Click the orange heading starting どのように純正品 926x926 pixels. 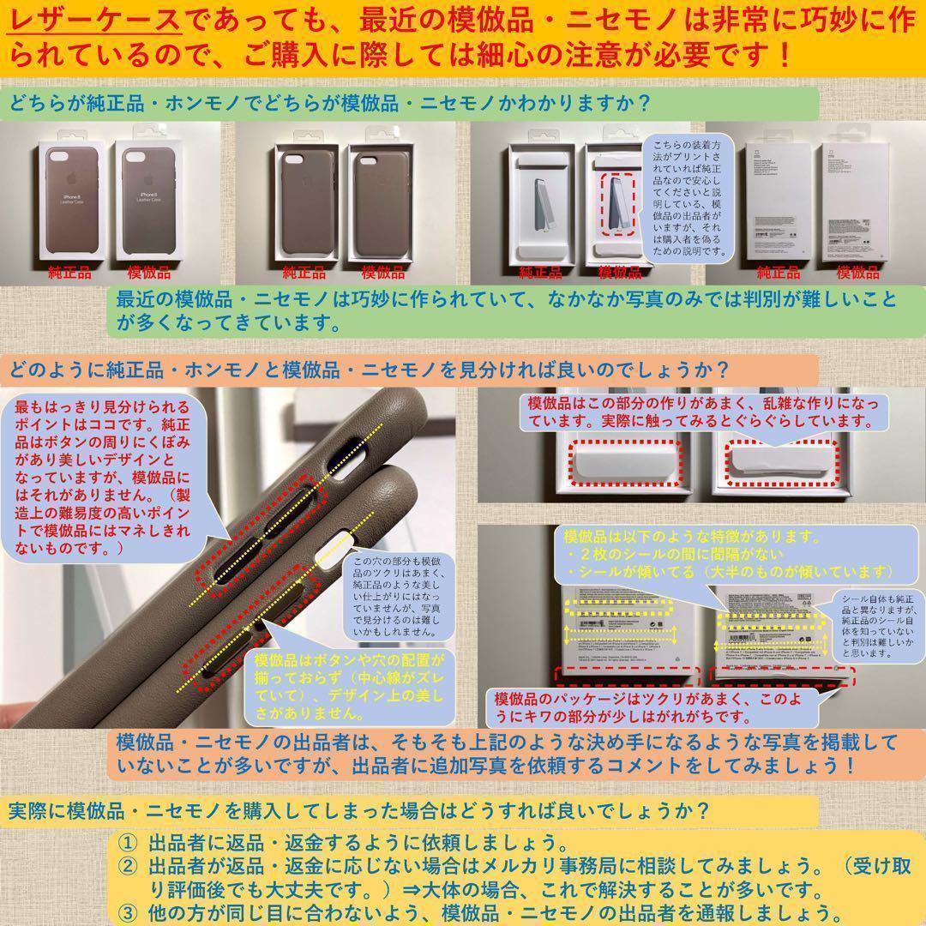pos(369,371)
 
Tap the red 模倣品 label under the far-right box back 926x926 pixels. pos(857,274)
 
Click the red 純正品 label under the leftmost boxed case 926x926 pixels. pos(70,274)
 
